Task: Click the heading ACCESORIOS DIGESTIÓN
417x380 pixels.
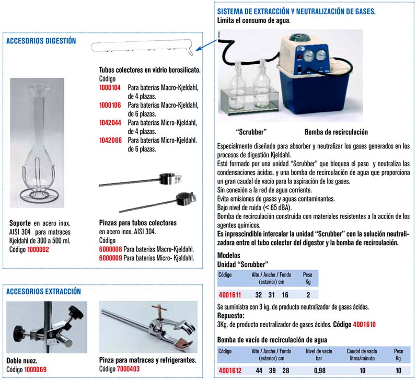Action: [41, 41]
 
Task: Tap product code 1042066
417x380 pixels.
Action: [110, 141]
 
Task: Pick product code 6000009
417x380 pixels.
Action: [110, 258]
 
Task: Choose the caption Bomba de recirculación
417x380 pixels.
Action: [336, 132]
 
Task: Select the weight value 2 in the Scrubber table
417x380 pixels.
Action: [308, 295]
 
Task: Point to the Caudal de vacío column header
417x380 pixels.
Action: [362, 351]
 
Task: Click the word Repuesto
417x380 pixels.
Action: [230, 316]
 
